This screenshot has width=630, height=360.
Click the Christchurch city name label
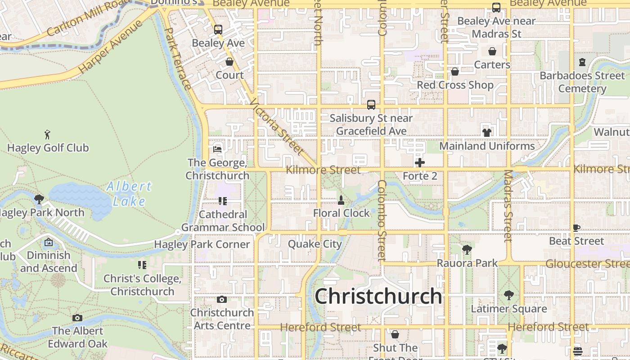point(378,297)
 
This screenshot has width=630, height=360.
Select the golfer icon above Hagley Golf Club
point(47,134)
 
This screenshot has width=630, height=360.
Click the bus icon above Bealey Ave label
point(218,30)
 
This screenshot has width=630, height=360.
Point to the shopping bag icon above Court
point(229,62)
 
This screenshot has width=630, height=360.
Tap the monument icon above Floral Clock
point(341,200)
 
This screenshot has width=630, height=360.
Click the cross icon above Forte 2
point(420,162)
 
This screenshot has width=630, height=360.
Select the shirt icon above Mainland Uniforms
point(487,132)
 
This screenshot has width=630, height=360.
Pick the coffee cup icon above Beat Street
point(576,228)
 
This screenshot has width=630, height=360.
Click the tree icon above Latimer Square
point(509,295)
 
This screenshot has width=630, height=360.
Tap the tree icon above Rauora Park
point(467,249)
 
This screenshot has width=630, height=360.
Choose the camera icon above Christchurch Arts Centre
point(222,299)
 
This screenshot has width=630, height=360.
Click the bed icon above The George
point(218,149)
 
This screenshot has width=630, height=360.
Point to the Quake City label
point(315,244)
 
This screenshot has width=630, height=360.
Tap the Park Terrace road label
point(178,58)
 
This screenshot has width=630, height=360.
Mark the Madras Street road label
point(508,206)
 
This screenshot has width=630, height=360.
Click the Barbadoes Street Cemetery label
point(582,82)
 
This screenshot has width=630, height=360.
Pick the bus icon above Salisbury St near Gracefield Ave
point(371,105)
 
